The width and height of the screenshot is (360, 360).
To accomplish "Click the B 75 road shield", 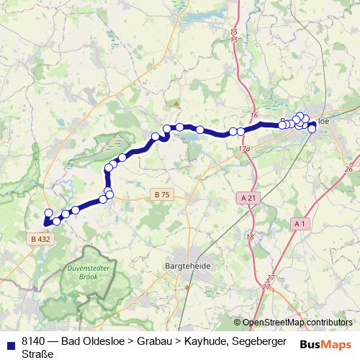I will point(161,194).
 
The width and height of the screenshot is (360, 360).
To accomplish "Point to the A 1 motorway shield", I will point(301,224).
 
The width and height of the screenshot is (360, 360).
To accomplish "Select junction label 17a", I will point(243,148).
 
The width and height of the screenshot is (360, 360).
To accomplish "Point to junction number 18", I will point(250,237).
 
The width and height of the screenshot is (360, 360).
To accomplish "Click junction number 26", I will point(348,168).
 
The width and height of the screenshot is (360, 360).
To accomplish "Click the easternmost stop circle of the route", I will point(312,129).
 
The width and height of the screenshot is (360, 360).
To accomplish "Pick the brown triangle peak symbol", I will point(174,103).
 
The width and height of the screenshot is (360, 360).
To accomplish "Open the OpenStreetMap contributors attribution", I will point(298,323).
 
